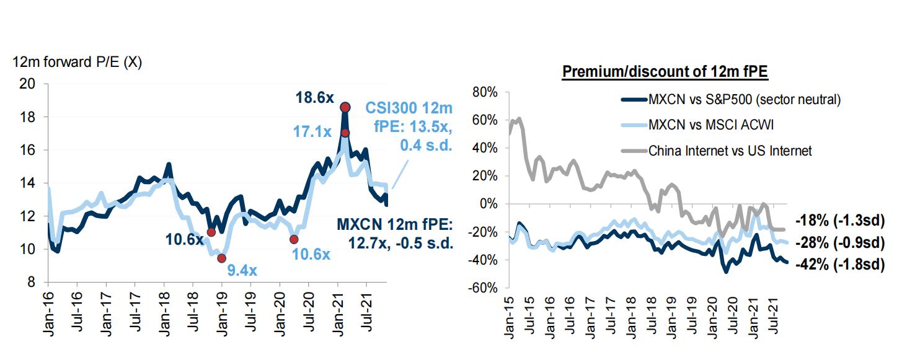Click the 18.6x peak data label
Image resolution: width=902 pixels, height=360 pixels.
[x=314, y=97]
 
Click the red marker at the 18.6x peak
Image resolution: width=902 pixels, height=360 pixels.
[x=345, y=107]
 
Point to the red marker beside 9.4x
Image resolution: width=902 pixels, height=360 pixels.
[x=222, y=258]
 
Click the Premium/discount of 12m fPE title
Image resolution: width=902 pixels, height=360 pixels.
[x=665, y=71]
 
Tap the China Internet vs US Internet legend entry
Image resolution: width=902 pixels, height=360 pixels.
[x=729, y=150]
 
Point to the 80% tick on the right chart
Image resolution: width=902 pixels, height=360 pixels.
[x=485, y=92]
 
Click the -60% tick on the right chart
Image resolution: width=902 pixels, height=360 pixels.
[x=483, y=288]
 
